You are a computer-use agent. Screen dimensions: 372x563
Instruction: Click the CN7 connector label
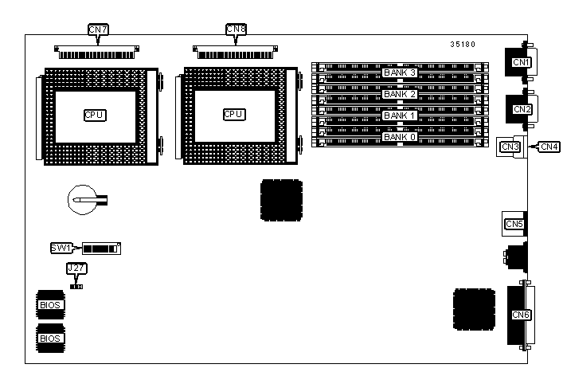(x=98, y=30)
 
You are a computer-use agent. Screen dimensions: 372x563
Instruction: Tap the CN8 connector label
(x=237, y=30)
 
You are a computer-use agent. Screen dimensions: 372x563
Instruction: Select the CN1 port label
(x=521, y=62)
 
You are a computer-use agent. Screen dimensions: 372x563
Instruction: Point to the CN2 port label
(x=522, y=109)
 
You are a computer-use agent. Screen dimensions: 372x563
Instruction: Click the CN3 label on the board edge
(x=510, y=146)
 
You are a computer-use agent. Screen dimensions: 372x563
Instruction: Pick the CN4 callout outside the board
(x=549, y=146)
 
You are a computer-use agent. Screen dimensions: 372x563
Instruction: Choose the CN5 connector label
(x=514, y=224)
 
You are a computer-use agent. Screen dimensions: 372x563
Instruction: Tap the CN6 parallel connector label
(x=522, y=315)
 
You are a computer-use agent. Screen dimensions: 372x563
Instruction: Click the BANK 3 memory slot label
(x=400, y=73)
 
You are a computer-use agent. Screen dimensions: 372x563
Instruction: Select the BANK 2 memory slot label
(x=400, y=94)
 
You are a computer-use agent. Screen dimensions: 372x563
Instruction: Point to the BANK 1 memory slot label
(x=400, y=116)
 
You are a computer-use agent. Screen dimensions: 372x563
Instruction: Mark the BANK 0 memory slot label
(x=400, y=137)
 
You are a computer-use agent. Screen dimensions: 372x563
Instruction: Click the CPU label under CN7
(x=95, y=115)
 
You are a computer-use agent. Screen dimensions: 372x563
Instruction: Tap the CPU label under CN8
(x=233, y=115)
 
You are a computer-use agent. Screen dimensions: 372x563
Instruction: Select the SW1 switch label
(x=61, y=249)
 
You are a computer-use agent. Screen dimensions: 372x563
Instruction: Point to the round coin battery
(x=80, y=201)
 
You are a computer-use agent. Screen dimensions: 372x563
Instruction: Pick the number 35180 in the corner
(x=463, y=45)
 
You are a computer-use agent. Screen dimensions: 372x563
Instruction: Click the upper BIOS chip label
(x=49, y=303)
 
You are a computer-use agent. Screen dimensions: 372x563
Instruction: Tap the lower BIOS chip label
(x=49, y=338)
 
